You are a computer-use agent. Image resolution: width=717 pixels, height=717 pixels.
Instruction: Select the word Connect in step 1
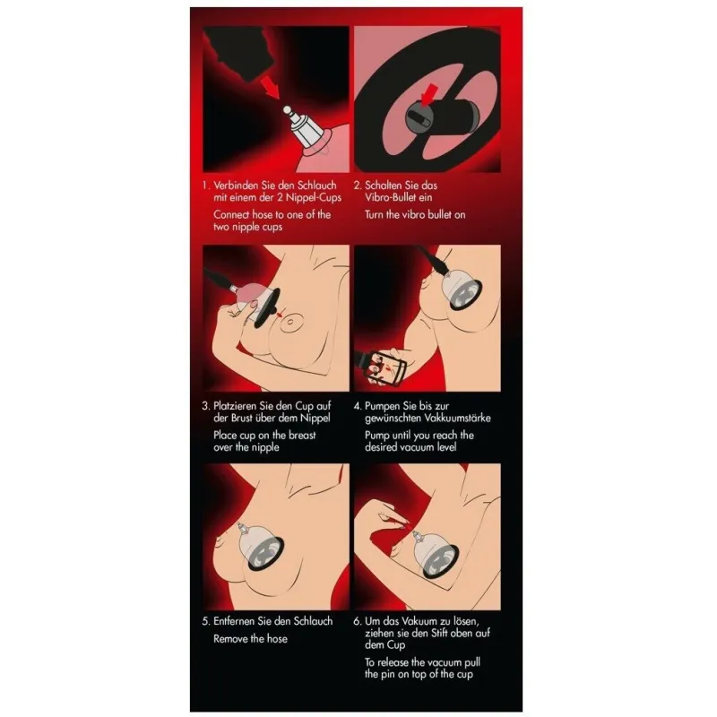point(236,215)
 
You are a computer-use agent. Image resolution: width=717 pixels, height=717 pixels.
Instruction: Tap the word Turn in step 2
point(376,215)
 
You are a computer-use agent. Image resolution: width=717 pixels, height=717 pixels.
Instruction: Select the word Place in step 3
point(229,435)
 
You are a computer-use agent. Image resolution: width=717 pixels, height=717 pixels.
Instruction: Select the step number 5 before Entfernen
point(205,621)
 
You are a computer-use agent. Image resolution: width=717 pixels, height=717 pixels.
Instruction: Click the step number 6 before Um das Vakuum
point(357,621)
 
